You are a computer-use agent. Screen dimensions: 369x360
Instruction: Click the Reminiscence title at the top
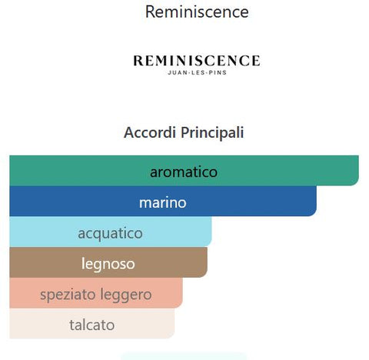(x=197, y=12)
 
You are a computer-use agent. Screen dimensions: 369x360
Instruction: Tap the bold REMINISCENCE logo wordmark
(x=197, y=61)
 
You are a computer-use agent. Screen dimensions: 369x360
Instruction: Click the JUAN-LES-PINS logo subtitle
(x=197, y=72)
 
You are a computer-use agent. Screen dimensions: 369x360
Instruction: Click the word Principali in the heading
(x=212, y=133)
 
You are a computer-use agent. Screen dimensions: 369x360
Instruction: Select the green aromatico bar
(x=184, y=171)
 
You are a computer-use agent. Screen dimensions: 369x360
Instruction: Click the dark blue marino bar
(x=163, y=202)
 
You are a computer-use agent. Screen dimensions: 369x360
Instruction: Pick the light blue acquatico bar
(x=111, y=232)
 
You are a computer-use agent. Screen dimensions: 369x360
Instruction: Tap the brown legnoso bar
(x=108, y=262)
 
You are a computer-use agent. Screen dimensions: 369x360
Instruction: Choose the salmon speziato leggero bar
(x=96, y=293)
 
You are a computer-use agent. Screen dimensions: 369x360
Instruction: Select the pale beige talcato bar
(x=92, y=324)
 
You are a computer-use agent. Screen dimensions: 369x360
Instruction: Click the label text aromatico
(x=184, y=172)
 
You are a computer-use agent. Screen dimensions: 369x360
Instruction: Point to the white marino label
(x=163, y=203)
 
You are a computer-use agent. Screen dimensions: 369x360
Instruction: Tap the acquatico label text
(x=110, y=234)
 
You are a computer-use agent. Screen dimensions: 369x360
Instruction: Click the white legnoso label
(x=108, y=265)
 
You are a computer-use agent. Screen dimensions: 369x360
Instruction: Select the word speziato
(x=68, y=295)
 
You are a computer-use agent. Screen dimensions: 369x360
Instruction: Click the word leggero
(x=126, y=295)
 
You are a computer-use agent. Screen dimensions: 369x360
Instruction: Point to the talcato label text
(x=92, y=325)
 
